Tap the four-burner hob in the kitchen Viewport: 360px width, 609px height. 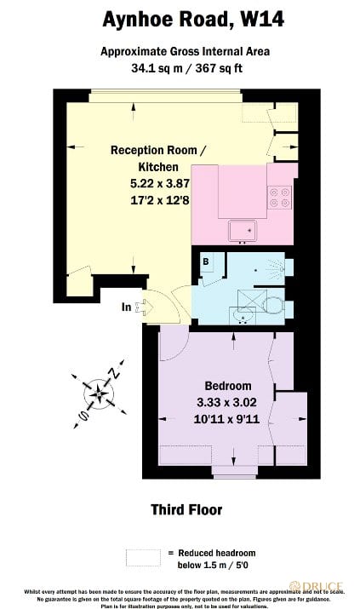(280, 198)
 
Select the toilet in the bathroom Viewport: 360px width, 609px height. (272, 305)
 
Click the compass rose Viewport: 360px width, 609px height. (100, 394)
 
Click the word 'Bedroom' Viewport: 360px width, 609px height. (226, 385)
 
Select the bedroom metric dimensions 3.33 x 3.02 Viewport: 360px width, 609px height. (227, 402)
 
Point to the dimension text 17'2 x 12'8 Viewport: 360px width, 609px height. (158, 200)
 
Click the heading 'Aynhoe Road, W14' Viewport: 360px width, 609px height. (180, 18)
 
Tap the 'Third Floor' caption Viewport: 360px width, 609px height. (186, 509)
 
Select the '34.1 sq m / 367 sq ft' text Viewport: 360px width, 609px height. (180, 67)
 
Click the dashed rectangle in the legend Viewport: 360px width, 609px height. (142, 558)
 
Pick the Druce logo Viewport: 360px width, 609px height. (318, 587)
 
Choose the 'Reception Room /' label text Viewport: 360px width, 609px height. (158, 151)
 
